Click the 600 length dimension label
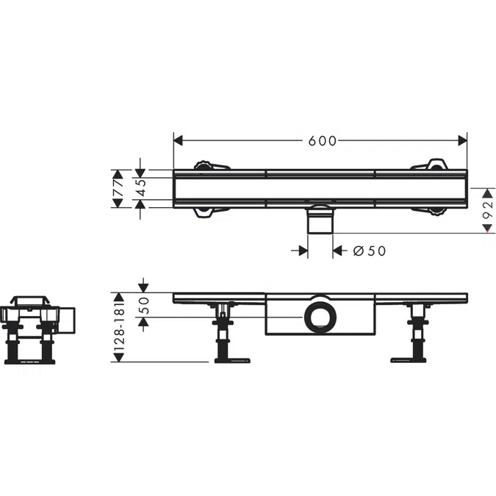(323, 141)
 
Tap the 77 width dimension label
(118, 188)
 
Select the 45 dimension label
(141, 188)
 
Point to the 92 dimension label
(488, 209)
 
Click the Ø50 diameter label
(369, 251)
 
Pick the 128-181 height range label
(119, 327)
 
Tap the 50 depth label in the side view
(143, 305)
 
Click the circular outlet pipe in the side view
(320, 317)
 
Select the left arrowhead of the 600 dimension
(178, 141)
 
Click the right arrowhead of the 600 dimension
(463, 141)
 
